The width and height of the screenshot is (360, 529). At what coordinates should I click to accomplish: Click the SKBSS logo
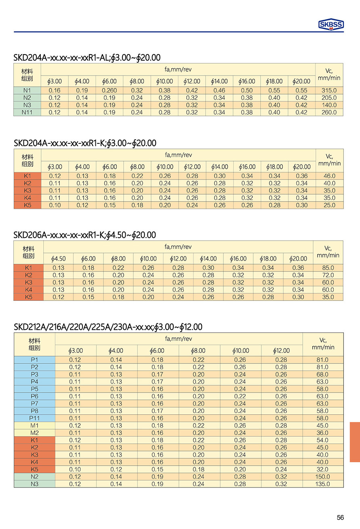tap(331, 25)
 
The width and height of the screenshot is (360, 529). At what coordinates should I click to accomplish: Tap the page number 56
tap(340, 517)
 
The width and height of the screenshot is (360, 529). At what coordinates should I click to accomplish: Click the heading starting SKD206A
tap(84, 235)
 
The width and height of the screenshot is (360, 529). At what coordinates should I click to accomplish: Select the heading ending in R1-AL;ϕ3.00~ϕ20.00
tap(87, 58)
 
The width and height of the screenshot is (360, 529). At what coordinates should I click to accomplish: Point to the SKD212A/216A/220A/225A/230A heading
tap(108, 327)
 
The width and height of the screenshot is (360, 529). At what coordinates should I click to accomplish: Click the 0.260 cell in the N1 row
tap(109, 90)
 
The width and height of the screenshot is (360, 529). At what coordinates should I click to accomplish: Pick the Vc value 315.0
tap(329, 90)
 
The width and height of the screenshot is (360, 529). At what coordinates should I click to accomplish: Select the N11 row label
tap(27, 112)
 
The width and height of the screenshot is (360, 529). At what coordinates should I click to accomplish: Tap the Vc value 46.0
tap(330, 176)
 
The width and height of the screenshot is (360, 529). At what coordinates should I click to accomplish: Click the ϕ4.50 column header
tap(58, 258)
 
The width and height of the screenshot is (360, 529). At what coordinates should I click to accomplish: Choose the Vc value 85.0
tap(328, 268)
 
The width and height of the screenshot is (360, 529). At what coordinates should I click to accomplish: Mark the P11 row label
tap(34, 418)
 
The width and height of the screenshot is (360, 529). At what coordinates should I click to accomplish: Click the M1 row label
tap(34, 426)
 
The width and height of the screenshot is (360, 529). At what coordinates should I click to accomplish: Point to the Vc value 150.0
tap(322, 477)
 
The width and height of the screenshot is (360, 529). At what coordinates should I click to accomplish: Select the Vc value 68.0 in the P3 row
tap(322, 374)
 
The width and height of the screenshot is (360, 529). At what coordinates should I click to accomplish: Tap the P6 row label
tap(34, 396)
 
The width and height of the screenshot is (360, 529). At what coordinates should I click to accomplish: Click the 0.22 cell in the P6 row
tap(240, 396)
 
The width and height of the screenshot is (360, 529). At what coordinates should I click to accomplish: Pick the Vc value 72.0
tap(328, 275)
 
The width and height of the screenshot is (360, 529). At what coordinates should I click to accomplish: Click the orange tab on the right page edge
tap(355, 442)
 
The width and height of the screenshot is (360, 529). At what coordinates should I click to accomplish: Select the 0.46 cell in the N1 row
tap(219, 90)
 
